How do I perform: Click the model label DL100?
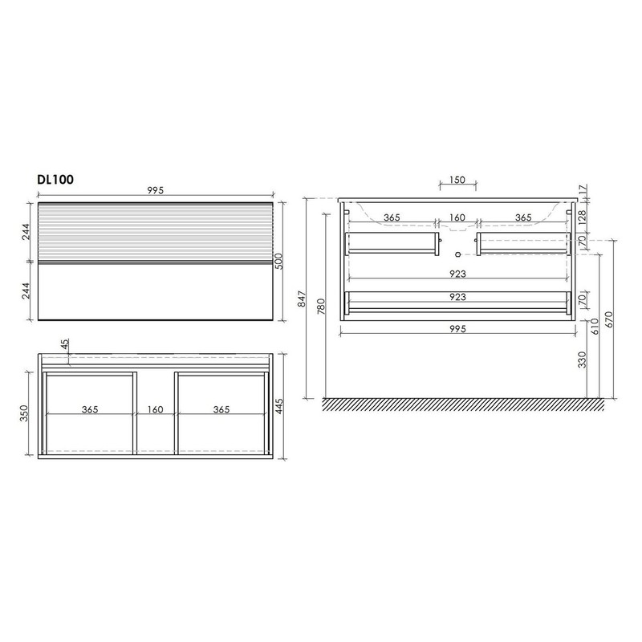pos(55,179)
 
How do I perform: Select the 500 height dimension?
pos(278,261)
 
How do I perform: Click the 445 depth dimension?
pos(279,406)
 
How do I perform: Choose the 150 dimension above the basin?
pos(457,180)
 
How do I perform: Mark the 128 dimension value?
pos(583,215)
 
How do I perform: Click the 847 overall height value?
pos(302,299)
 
